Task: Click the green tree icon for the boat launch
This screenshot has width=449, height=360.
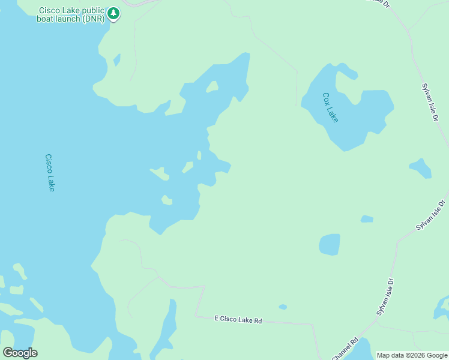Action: [x=113, y=13]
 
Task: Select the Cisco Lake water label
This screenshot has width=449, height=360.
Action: [x=50, y=173]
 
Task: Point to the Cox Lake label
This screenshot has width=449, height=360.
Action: [x=330, y=107]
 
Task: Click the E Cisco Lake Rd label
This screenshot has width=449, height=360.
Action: [x=238, y=320]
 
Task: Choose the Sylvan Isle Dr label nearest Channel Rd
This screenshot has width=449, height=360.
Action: [x=385, y=297]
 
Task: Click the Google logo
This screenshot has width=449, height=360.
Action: [x=20, y=352]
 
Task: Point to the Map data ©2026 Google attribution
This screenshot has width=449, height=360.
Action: [x=412, y=355]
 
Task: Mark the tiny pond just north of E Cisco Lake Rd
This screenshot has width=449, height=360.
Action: [x=283, y=307]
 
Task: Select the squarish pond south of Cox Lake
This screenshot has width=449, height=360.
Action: [x=329, y=244]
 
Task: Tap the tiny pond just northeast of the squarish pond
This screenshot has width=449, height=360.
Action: [x=367, y=219]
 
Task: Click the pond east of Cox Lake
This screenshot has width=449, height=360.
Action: [x=420, y=168]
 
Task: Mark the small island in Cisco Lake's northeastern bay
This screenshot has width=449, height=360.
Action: [x=211, y=88]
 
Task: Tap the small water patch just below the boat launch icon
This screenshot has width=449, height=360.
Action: [x=117, y=59]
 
